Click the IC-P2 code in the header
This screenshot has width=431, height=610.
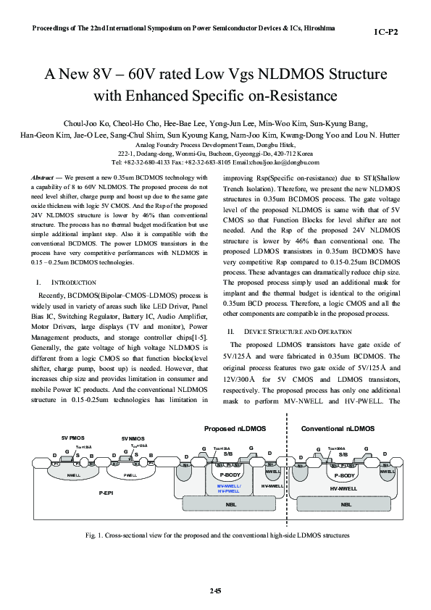pos(386,33)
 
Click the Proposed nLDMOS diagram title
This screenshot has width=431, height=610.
pos(234,429)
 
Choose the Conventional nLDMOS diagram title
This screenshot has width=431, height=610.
pos(338,429)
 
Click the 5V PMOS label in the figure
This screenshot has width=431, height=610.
pos(73,438)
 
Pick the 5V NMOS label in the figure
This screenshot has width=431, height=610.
pos(134,438)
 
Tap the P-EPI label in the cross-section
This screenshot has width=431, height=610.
pos(106,492)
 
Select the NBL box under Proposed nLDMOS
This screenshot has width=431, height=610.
pos(230,504)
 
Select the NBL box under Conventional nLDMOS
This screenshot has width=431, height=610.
pos(346,504)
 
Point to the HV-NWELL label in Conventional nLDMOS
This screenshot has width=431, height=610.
pos(344,488)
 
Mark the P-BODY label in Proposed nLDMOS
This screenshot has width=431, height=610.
pos(230,475)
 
